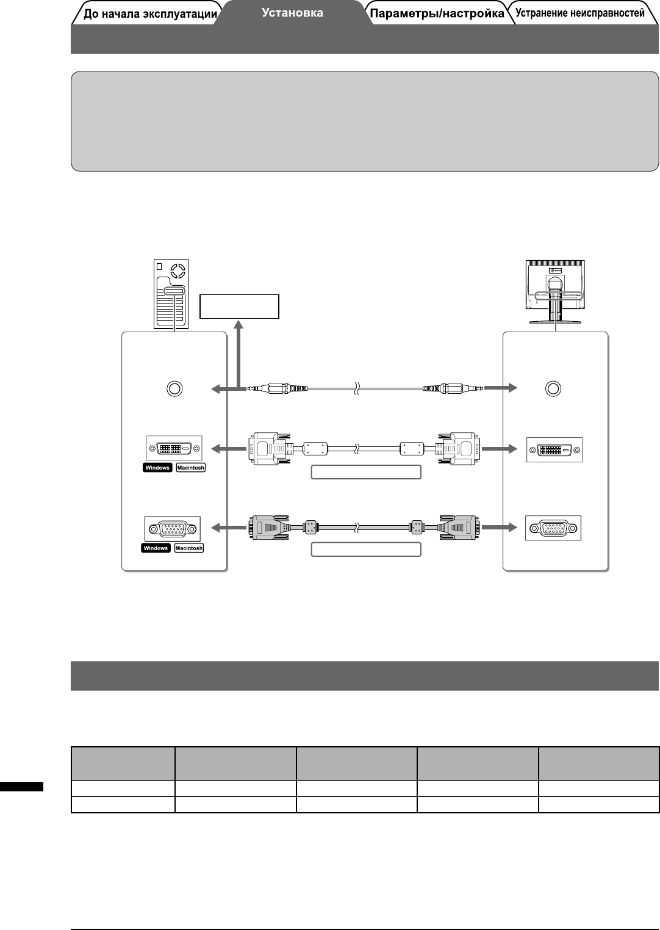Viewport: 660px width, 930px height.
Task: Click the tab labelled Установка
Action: [x=293, y=13]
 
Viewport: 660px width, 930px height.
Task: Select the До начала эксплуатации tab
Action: [x=149, y=14]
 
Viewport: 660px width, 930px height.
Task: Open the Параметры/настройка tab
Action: [x=437, y=13]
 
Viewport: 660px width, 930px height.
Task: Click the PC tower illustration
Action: [x=171, y=292]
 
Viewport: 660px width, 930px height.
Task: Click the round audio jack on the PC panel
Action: [x=174, y=388]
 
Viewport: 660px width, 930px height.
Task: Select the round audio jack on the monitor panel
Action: [x=553, y=388]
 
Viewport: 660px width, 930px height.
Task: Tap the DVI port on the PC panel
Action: [x=174, y=449]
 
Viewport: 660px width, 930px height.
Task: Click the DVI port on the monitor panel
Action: [x=554, y=449]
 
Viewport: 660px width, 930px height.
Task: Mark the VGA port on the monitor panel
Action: [x=553, y=528]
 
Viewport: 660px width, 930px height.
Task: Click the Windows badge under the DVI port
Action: [x=157, y=468]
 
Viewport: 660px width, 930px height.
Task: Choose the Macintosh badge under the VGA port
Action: [x=189, y=548]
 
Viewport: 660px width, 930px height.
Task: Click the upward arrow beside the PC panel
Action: [x=239, y=354]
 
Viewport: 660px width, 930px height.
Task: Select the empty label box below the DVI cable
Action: [x=366, y=472]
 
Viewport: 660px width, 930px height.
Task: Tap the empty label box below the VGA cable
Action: [x=366, y=549]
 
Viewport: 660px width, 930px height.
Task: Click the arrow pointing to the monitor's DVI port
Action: [x=500, y=449]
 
